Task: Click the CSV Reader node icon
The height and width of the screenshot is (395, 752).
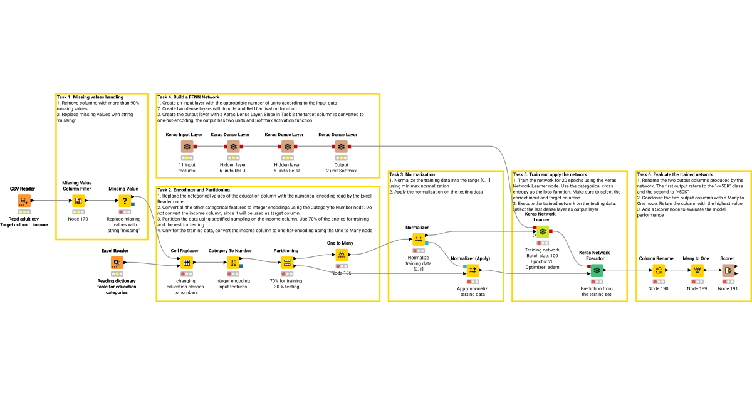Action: (23, 201)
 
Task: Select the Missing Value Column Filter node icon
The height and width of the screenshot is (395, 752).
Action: (78, 201)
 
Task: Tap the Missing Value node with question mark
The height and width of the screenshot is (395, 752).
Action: (124, 201)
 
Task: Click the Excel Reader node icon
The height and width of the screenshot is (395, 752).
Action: (117, 263)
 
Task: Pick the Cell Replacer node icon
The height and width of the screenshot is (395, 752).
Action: (186, 263)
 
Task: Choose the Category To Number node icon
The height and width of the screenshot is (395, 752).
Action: (232, 263)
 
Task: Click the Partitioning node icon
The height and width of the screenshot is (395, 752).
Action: (286, 263)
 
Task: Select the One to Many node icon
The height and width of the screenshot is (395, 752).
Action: (342, 255)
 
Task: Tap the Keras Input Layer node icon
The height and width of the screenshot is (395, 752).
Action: (187, 146)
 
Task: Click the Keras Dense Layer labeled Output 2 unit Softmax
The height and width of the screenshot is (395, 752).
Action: (341, 146)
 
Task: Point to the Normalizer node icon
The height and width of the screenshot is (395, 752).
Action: (418, 240)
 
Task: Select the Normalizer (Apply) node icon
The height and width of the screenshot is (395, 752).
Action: (473, 270)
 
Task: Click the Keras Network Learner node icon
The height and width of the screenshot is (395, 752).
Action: (543, 231)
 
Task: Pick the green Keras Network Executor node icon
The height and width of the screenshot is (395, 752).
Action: (597, 270)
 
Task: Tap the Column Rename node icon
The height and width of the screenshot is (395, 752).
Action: (659, 270)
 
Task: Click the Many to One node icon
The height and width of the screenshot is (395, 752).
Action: (696, 270)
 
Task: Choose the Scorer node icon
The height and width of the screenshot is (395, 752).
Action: (728, 270)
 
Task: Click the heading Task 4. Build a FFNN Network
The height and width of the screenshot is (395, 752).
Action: (188, 97)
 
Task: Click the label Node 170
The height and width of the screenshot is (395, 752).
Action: (78, 219)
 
